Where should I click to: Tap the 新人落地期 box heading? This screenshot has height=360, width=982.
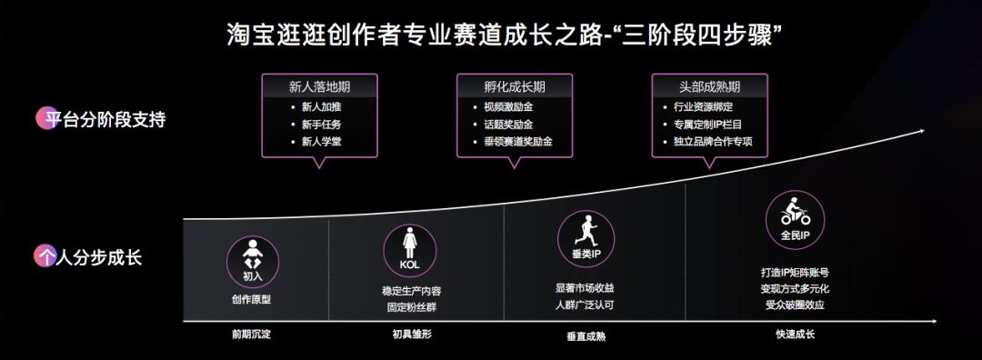pyautogui.click(x=319, y=87)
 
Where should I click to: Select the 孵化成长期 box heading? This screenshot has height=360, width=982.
pyautogui.click(x=514, y=87)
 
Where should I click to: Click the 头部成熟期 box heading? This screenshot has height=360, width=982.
pyautogui.click(x=709, y=87)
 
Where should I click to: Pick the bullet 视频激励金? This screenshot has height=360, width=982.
pyautogui.click(x=508, y=107)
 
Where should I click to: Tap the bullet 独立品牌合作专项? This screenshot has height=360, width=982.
pyautogui.click(x=718, y=143)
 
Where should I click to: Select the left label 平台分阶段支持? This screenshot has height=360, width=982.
pyautogui.click(x=101, y=119)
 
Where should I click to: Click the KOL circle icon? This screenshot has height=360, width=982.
pyautogui.click(x=409, y=248)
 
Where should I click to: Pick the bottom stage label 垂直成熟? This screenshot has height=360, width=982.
pyautogui.click(x=586, y=335)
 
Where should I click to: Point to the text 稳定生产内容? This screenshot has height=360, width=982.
pyautogui.click(x=411, y=292)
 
